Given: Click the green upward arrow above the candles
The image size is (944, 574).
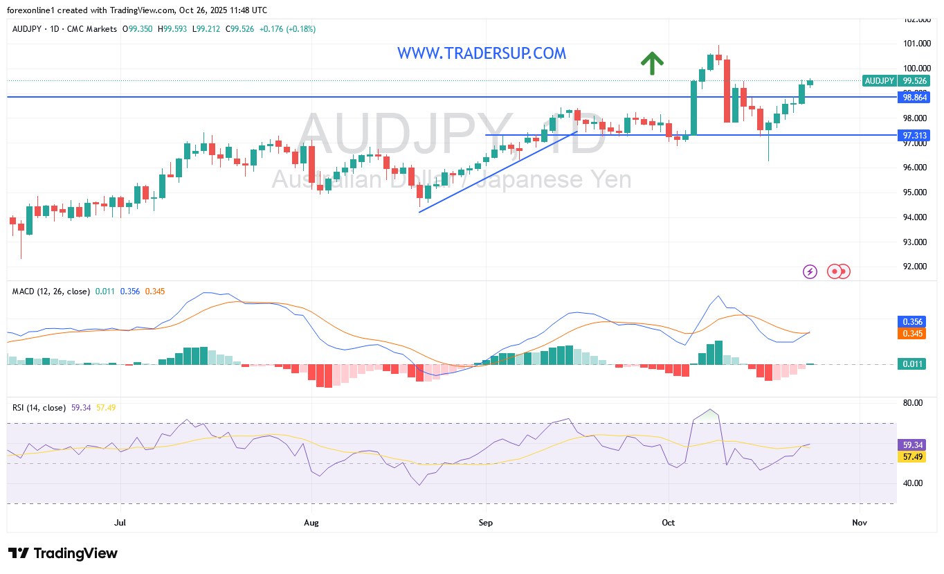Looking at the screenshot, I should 651,63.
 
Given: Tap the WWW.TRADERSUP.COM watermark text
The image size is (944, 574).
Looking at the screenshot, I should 482,53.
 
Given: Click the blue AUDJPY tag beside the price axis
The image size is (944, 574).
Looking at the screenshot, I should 879,81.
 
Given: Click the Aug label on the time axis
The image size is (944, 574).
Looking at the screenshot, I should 311,523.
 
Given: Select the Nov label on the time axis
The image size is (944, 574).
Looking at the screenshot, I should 860,523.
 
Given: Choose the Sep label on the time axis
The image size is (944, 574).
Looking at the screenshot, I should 486,523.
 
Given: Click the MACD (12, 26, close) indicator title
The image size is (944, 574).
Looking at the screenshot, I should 51,292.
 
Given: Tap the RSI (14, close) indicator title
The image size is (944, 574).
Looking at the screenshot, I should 39,408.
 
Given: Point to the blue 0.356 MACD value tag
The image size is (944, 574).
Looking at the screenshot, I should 914,322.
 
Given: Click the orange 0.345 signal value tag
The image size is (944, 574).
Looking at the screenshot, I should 914,334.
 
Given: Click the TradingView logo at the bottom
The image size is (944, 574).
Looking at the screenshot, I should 63,553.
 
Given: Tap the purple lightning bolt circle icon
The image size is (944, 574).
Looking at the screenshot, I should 810,271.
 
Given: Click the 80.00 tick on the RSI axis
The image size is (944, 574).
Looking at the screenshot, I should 914,403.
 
